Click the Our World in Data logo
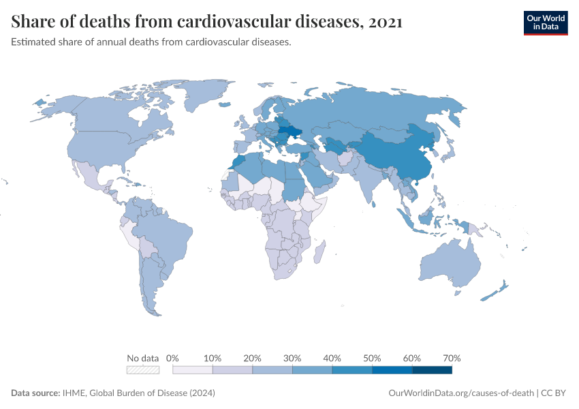coord(545,22)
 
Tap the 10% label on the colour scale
coord(213,358)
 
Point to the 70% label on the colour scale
coord(452,358)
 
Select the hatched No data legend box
coord(143,370)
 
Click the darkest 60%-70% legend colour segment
coord(432,370)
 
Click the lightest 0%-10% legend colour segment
coord(193,370)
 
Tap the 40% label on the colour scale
coord(332,358)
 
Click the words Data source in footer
coord(35,393)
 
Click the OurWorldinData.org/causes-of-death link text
coord(460,393)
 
